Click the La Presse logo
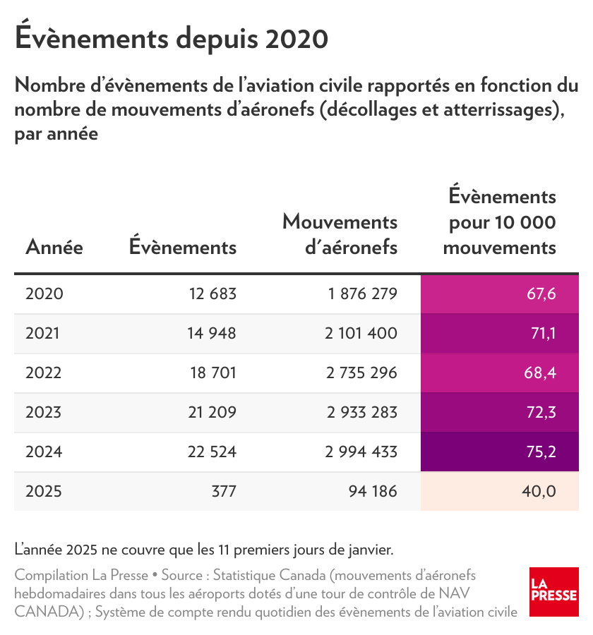[x=553, y=592]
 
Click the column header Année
[x=54, y=247]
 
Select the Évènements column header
[x=183, y=246]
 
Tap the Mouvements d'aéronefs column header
[x=340, y=234]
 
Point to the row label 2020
[x=44, y=294]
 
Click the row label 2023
[x=43, y=412]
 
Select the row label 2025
[x=43, y=491]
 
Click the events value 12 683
[x=212, y=294]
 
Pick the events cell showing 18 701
[x=213, y=373]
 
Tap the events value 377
[x=224, y=491]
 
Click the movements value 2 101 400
[x=361, y=333]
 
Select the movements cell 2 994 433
[x=361, y=452]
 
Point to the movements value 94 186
[x=373, y=491]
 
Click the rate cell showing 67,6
[x=500, y=294]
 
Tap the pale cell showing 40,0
[x=500, y=491]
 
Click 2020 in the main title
[x=296, y=40]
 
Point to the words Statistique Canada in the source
[x=269, y=575]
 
